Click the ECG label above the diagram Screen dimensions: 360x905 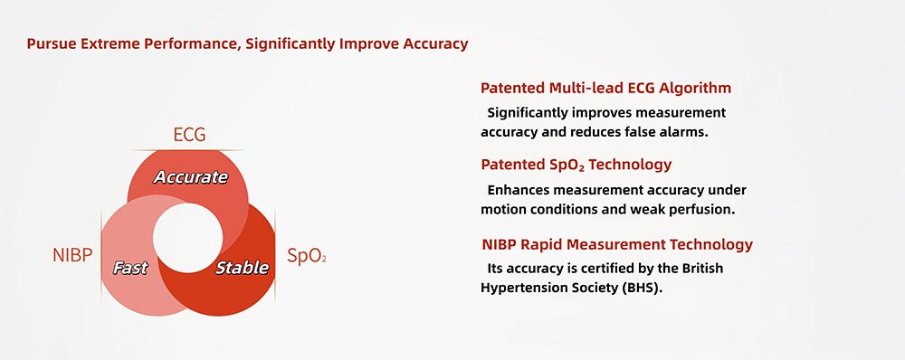pyautogui.click(x=189, y=136)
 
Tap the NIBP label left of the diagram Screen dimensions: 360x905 pyautogui.click(x=72, y=255)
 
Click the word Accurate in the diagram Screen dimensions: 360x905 pyautogui.click(x=190, y=177)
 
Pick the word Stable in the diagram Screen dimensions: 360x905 pyautogui.click(x=242, y=268)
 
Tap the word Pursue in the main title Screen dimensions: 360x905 pyautogui.click(x=52, y=43)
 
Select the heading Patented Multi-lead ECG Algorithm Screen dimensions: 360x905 pyautogui.click(x=605, y=89)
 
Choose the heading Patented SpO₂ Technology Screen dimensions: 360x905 pyautogui.click(x=576, y=165)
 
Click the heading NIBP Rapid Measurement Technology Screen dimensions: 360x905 pyautogui.click(x=616, y=244)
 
